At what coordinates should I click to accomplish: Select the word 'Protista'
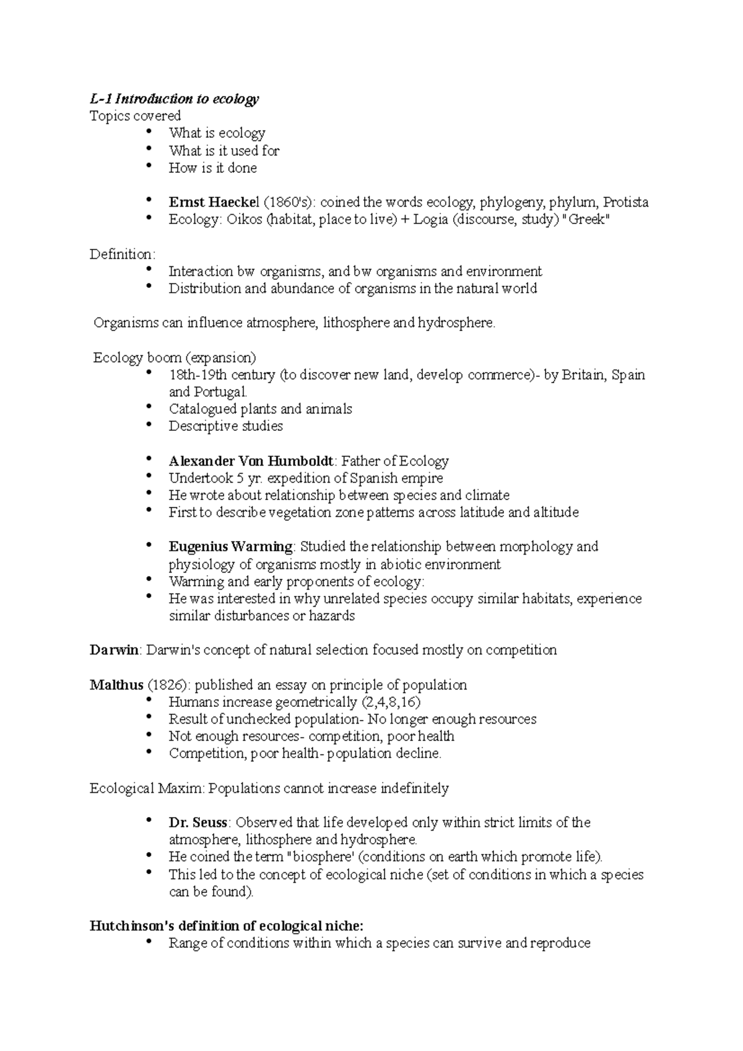tap(625, 202)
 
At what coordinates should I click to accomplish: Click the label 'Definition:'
tap(123, 254)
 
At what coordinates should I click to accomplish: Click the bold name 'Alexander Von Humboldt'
tap(251, 462)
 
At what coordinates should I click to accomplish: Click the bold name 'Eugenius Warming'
tap(230, 547)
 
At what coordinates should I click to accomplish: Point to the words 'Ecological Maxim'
tap(146, 789)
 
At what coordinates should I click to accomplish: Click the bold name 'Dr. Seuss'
tap(198, 823)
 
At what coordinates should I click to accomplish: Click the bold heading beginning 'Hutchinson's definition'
tap(227, 927)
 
